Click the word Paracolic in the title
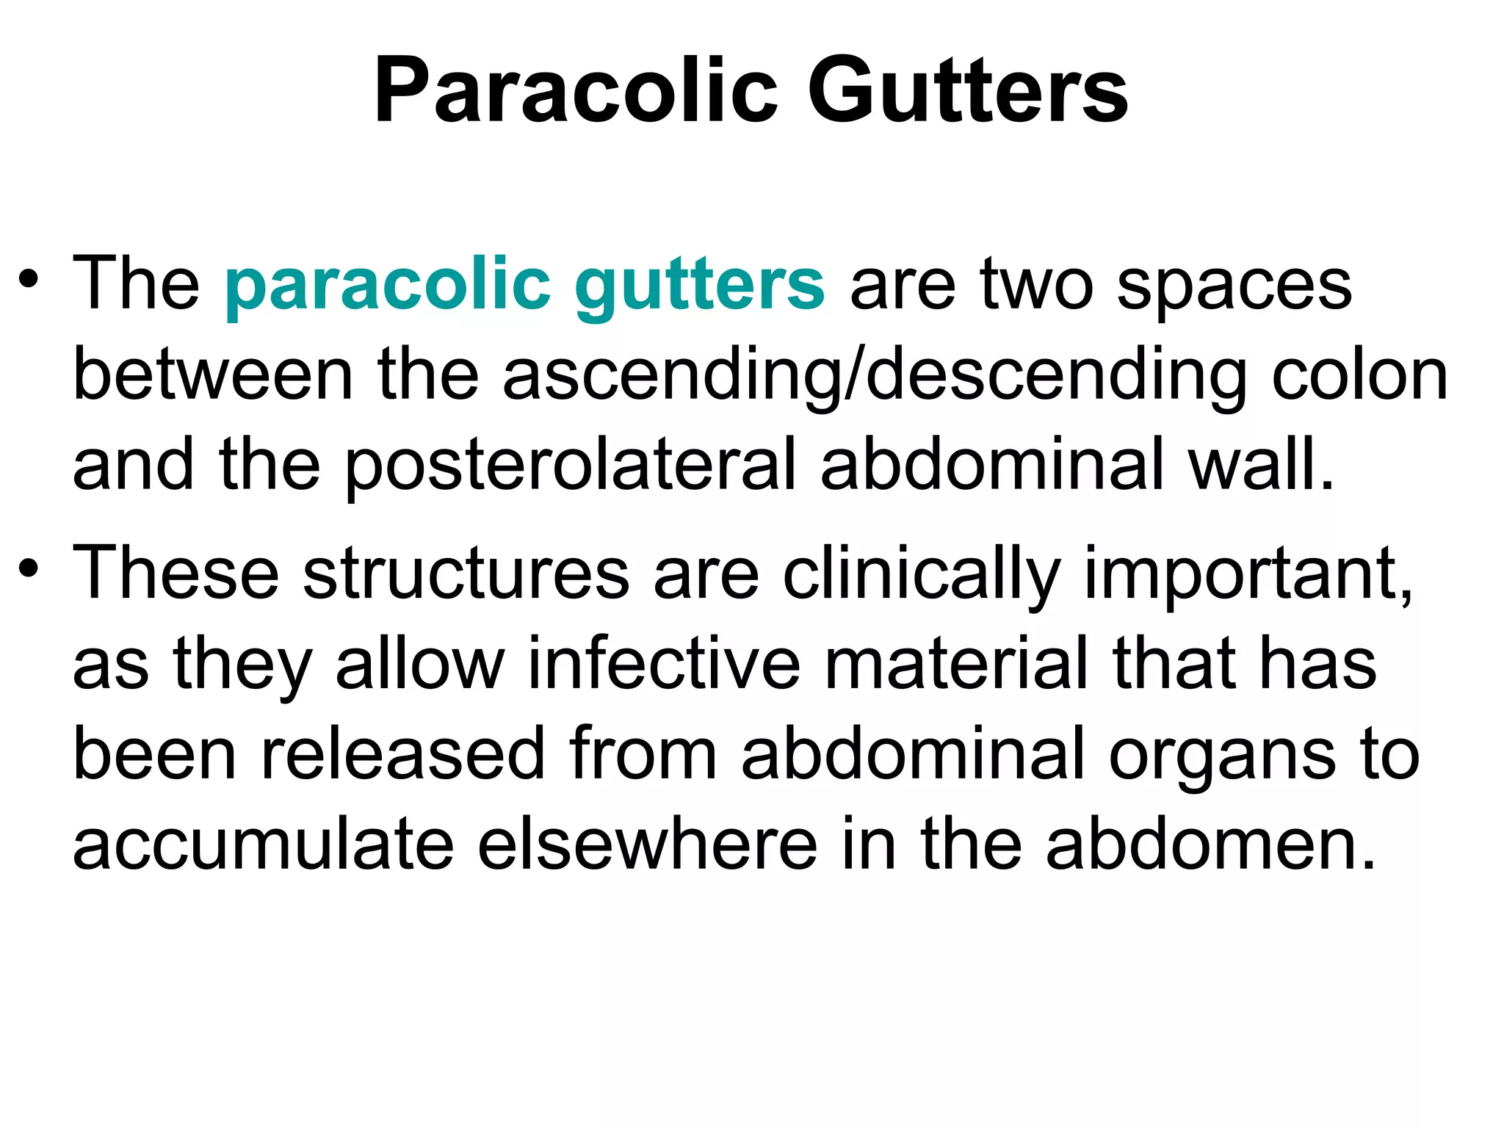click(x=575, y=92)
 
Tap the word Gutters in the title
click(x=967, y=92)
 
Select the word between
click(x=213, y=375)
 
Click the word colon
click(x=1359, y=375)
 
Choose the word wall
click(x=1260, y=465)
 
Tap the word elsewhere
click(x=647, y=845)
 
